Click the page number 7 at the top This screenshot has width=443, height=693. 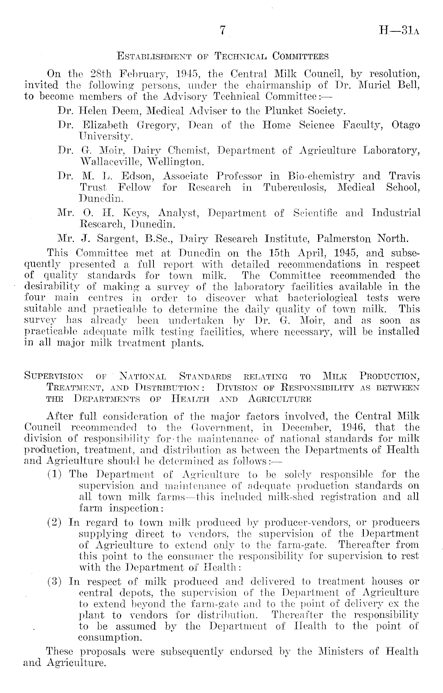click(223, 31)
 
